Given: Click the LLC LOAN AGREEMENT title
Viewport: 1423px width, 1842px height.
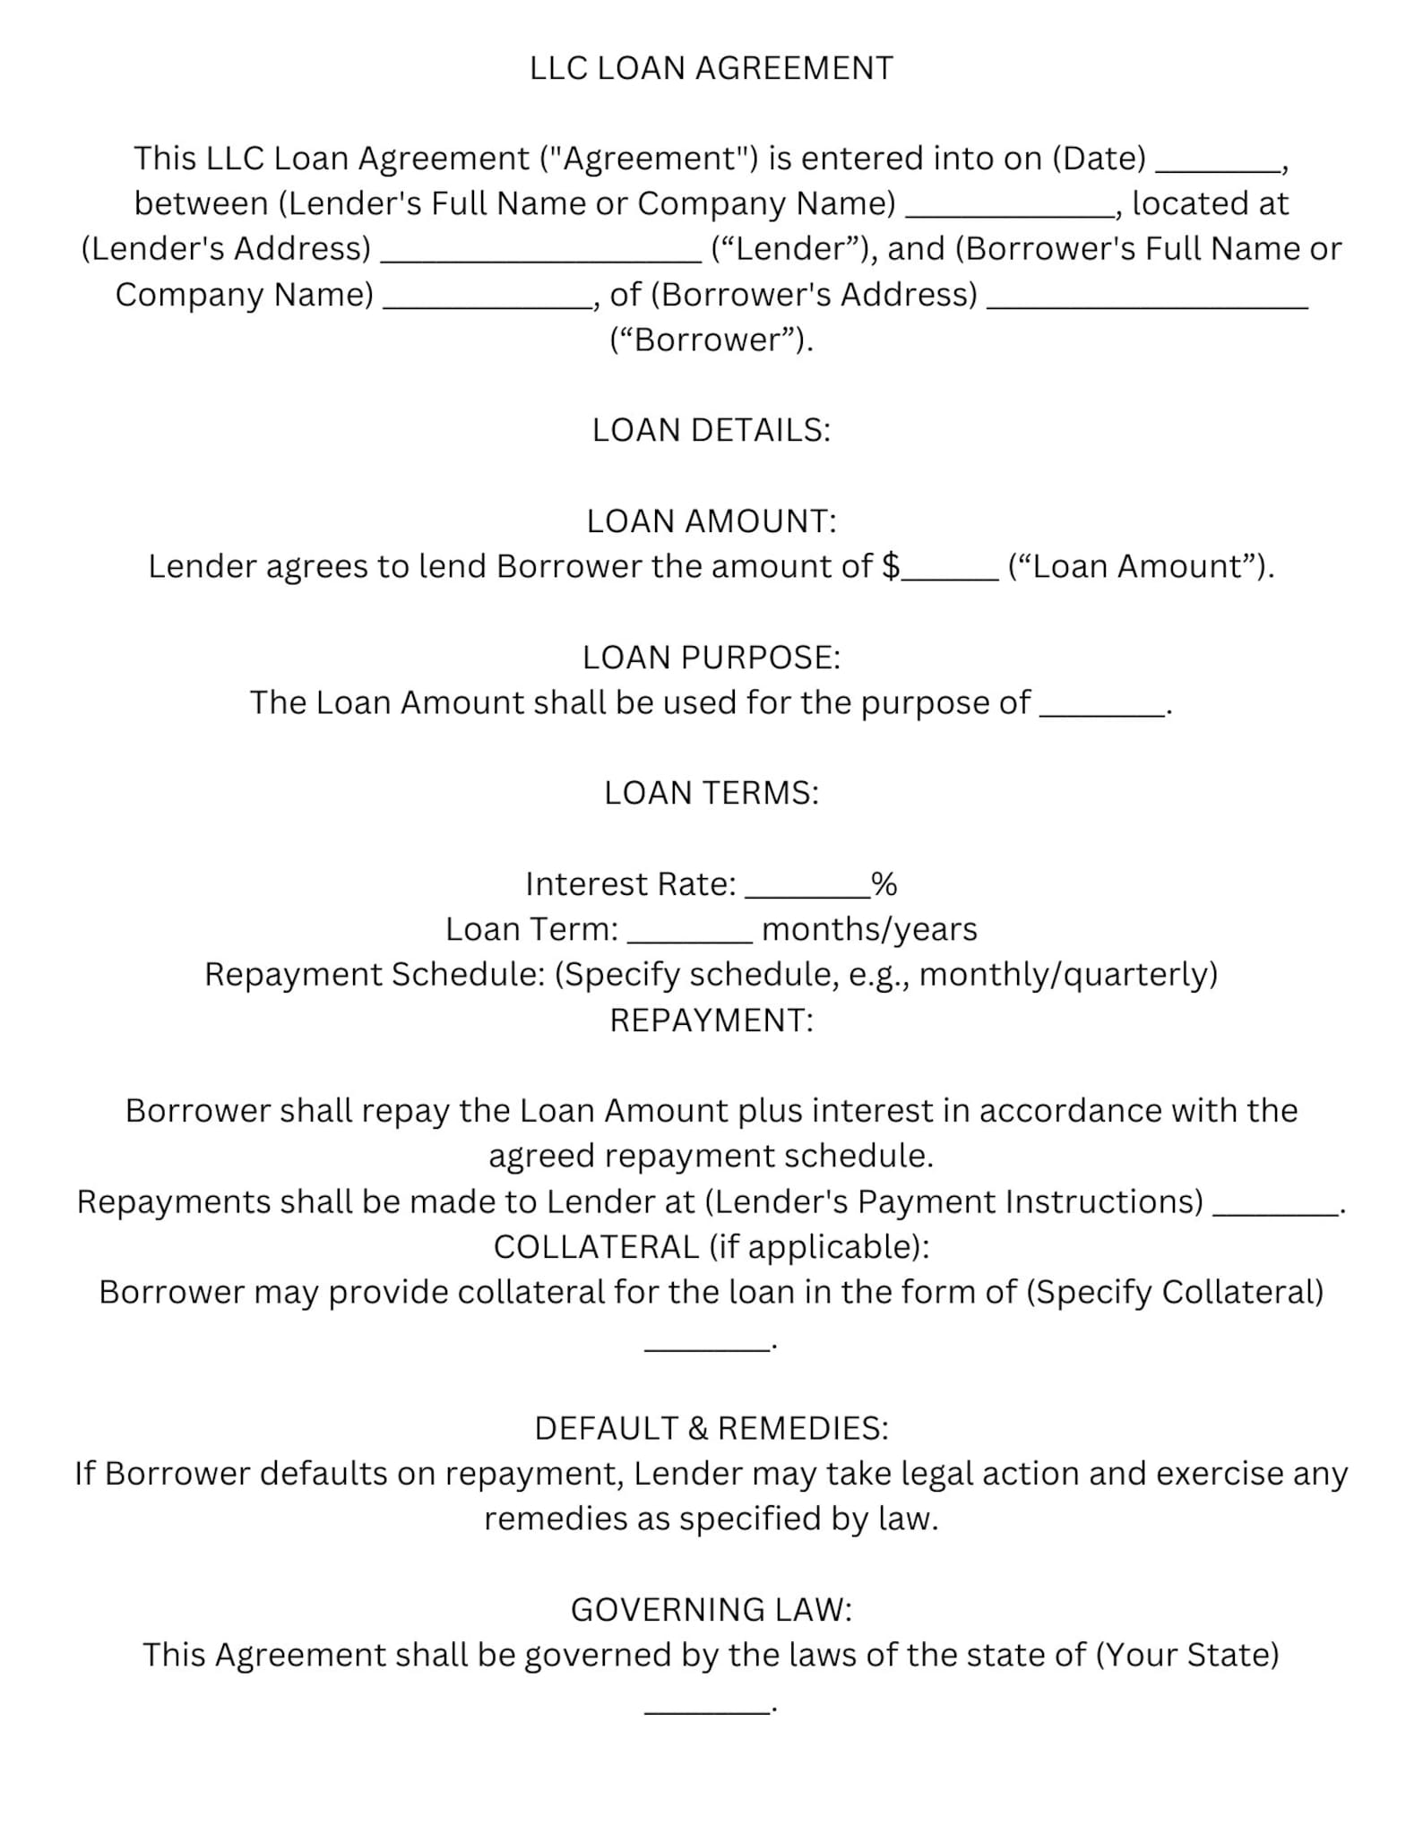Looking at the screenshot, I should (711, 68).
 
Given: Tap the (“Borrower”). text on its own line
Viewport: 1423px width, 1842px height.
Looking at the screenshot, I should (711, 340).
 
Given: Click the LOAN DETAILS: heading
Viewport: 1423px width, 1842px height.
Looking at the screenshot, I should (711, 430).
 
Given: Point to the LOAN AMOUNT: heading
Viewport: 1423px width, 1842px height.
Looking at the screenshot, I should (711, 521).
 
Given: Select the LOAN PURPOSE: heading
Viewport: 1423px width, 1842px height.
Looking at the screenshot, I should (711, 658).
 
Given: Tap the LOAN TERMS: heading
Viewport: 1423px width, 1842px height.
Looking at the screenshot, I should (711, 793).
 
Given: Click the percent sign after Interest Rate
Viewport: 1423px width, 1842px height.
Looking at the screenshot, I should (884, 884).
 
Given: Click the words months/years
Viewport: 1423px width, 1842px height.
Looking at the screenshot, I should (869, 929).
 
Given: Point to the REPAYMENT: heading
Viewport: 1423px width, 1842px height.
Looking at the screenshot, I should (711, 1020).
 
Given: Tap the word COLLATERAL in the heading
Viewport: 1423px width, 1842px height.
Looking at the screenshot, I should (596, 1247).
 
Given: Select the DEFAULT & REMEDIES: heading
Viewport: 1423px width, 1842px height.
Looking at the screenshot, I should (711, 1428).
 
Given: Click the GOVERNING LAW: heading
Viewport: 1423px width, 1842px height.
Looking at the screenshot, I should (711, 1610).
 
